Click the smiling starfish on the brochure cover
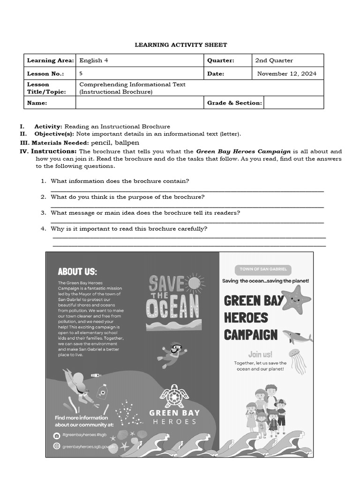tap(296, 300)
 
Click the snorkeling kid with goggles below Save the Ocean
tap(173, 354)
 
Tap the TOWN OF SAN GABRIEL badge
tap(263, 270)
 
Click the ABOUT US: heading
tap(77, 271)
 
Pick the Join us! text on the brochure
tap(260, 354)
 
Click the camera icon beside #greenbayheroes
tap(57, 435)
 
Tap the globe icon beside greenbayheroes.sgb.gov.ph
tap(57, 447)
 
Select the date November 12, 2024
tap(286, 74)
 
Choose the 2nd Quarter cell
tap(274, 60)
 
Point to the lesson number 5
tap(81, 74)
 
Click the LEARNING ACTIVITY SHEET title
tap(181, 45)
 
